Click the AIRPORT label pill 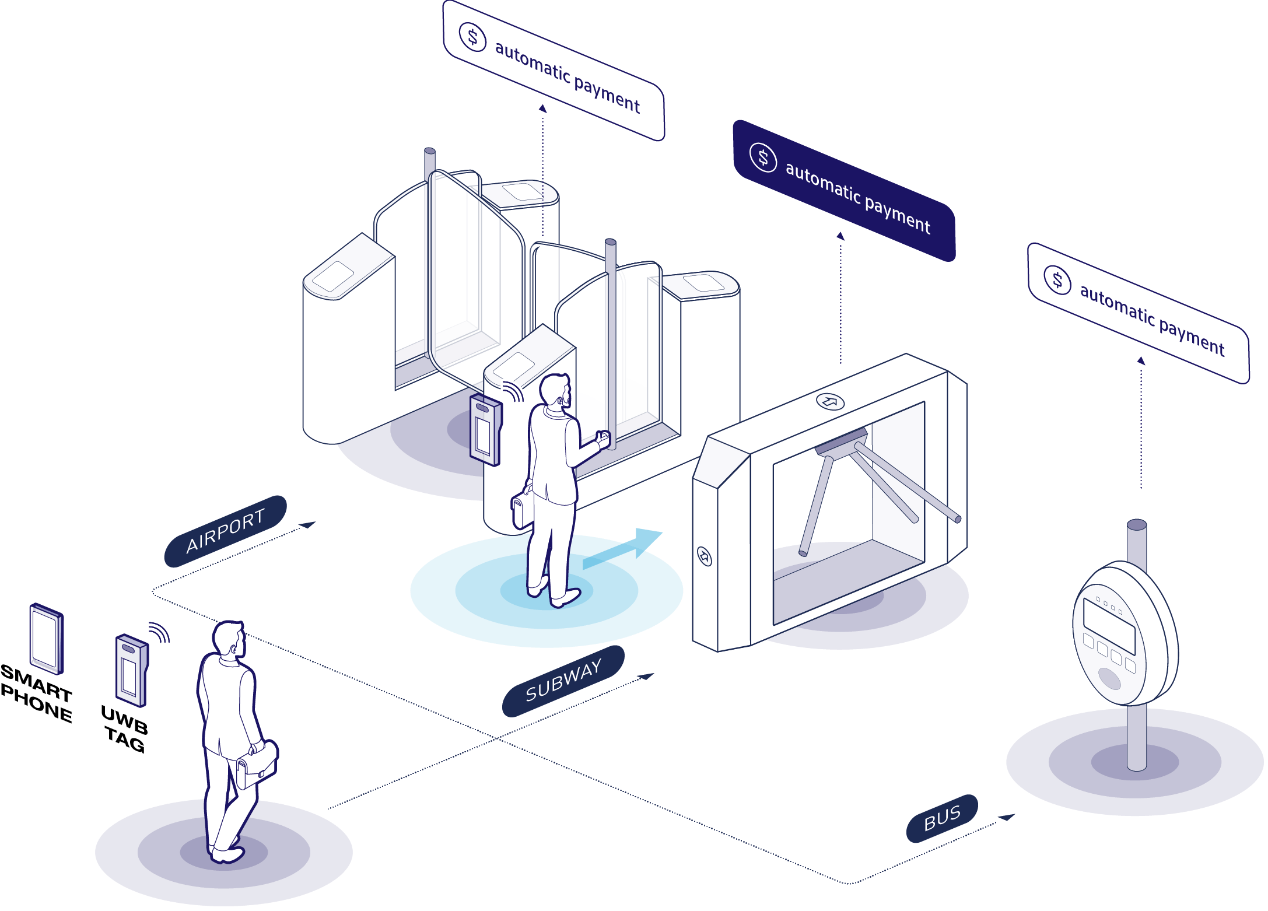(x=225, y=531)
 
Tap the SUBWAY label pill (x=563, y=681)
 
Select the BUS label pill (x=941, y=818)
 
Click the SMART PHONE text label (x=36, y=693)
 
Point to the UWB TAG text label (x=124, y=728)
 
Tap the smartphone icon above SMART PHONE (x=46, y=638)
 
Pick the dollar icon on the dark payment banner (x=763, y=157)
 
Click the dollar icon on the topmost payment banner (x=472, y=37)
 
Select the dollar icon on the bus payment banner (x=1057, y=280)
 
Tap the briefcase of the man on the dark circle (x=257, y=765)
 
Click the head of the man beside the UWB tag (x=229, y=639)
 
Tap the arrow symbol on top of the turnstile (x=829, y=401)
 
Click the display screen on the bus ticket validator (x=1109, y=626)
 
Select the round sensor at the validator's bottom (x=1109, y=678)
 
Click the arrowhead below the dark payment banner (x=840, y=236)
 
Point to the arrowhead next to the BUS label (x=1007, y=817)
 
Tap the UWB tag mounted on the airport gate (x=486, y=432)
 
